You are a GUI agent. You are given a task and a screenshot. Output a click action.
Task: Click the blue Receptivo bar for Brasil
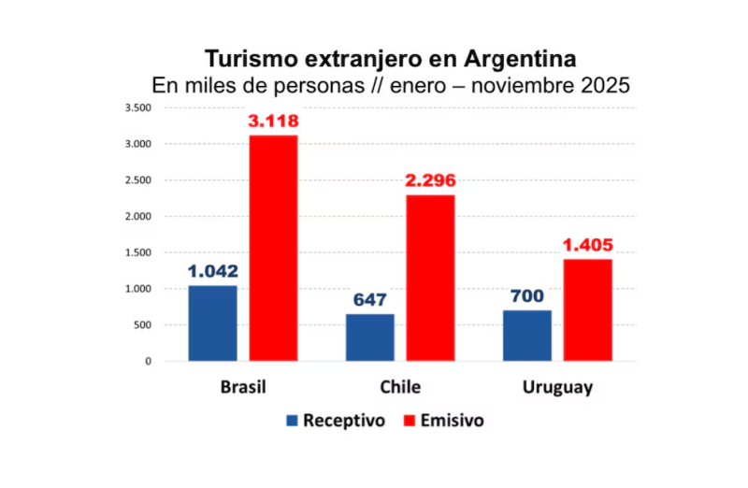pos(212,323)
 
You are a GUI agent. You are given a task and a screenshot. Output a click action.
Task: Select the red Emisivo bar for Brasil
pos(273,248)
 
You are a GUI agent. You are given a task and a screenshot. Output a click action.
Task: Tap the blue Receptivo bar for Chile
pos(370,337)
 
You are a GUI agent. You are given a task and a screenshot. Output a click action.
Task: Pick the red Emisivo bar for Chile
pos(430,278)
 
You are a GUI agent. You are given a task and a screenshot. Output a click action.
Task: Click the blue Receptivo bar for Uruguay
pos(527,336)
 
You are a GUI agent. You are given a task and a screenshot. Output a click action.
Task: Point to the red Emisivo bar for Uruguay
pos(587,309)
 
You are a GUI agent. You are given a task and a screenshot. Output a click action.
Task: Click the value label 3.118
pos(273,122)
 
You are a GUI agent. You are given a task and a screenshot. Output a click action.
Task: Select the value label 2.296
pos(430,181)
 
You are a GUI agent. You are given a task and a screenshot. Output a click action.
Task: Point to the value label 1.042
pos(213,272)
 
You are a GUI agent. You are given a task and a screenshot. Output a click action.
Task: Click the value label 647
pos(370,300)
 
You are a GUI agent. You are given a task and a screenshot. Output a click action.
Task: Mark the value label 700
pos(527,296)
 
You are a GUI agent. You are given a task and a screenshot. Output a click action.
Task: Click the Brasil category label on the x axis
pos(243,387)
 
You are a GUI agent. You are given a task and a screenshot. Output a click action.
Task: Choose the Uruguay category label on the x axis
pos(557,387)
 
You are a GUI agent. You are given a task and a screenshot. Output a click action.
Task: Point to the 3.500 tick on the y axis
pos(137,108)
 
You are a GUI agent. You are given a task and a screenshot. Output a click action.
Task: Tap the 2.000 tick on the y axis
pos(137,216)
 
